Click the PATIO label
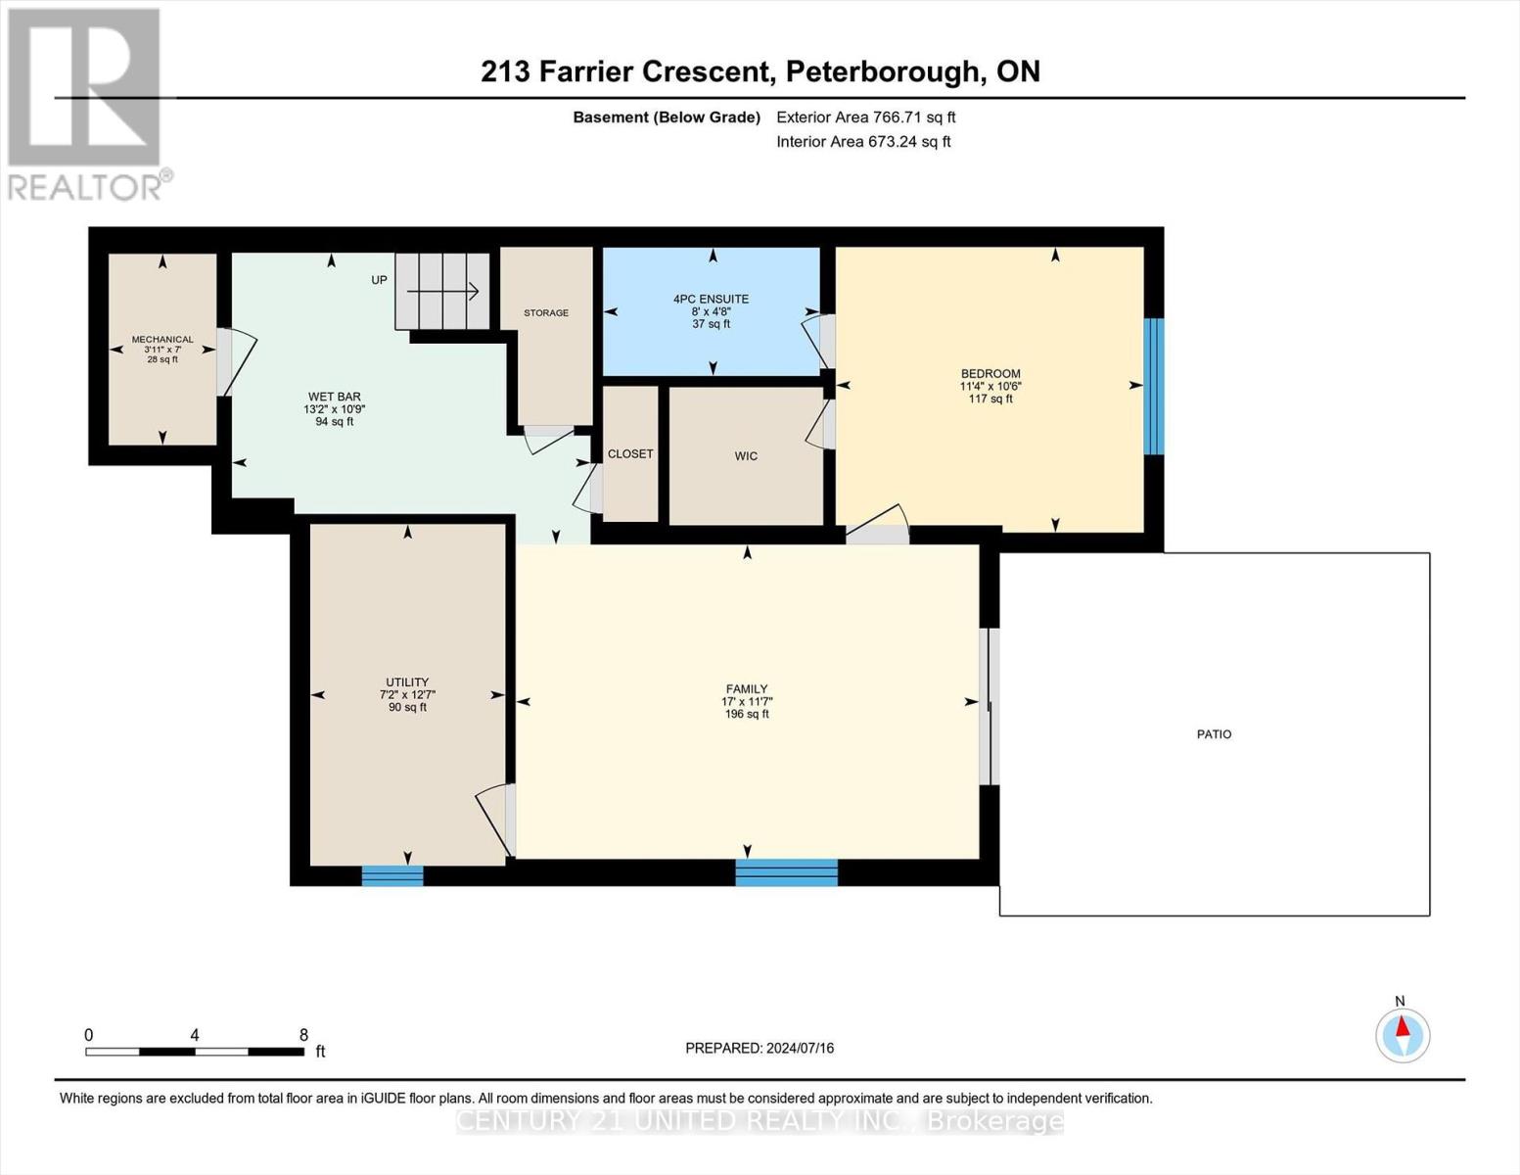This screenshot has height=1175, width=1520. (x=1214, y=734)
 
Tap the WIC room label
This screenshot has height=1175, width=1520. (x=746, y=456)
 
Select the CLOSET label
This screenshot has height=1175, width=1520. (x=630, y=454)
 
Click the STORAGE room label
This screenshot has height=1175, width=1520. (x=546, y=312)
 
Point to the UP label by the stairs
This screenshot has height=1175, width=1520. (x=379, y=280)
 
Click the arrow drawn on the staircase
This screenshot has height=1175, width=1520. (x=442, y=291)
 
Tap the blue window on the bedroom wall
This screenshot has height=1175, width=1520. (x=1154, y=387)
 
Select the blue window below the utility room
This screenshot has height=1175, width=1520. (x=392, y=876)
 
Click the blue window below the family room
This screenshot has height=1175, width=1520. (x=786, y=872)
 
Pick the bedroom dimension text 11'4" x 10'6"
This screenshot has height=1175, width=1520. (x=990, y=387)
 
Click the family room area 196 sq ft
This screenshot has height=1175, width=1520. (x=747, y=714)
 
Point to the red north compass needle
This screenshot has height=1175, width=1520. (x=1402, y=1026)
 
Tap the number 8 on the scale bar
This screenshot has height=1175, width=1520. (x=303, y=1035)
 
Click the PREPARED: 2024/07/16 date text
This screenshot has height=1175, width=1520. (x=760, y=1048)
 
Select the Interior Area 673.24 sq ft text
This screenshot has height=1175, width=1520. (x=863, y=142)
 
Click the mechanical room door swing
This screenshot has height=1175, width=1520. (x=237, y=362)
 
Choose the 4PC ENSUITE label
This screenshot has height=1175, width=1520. (x=711, y=299)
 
